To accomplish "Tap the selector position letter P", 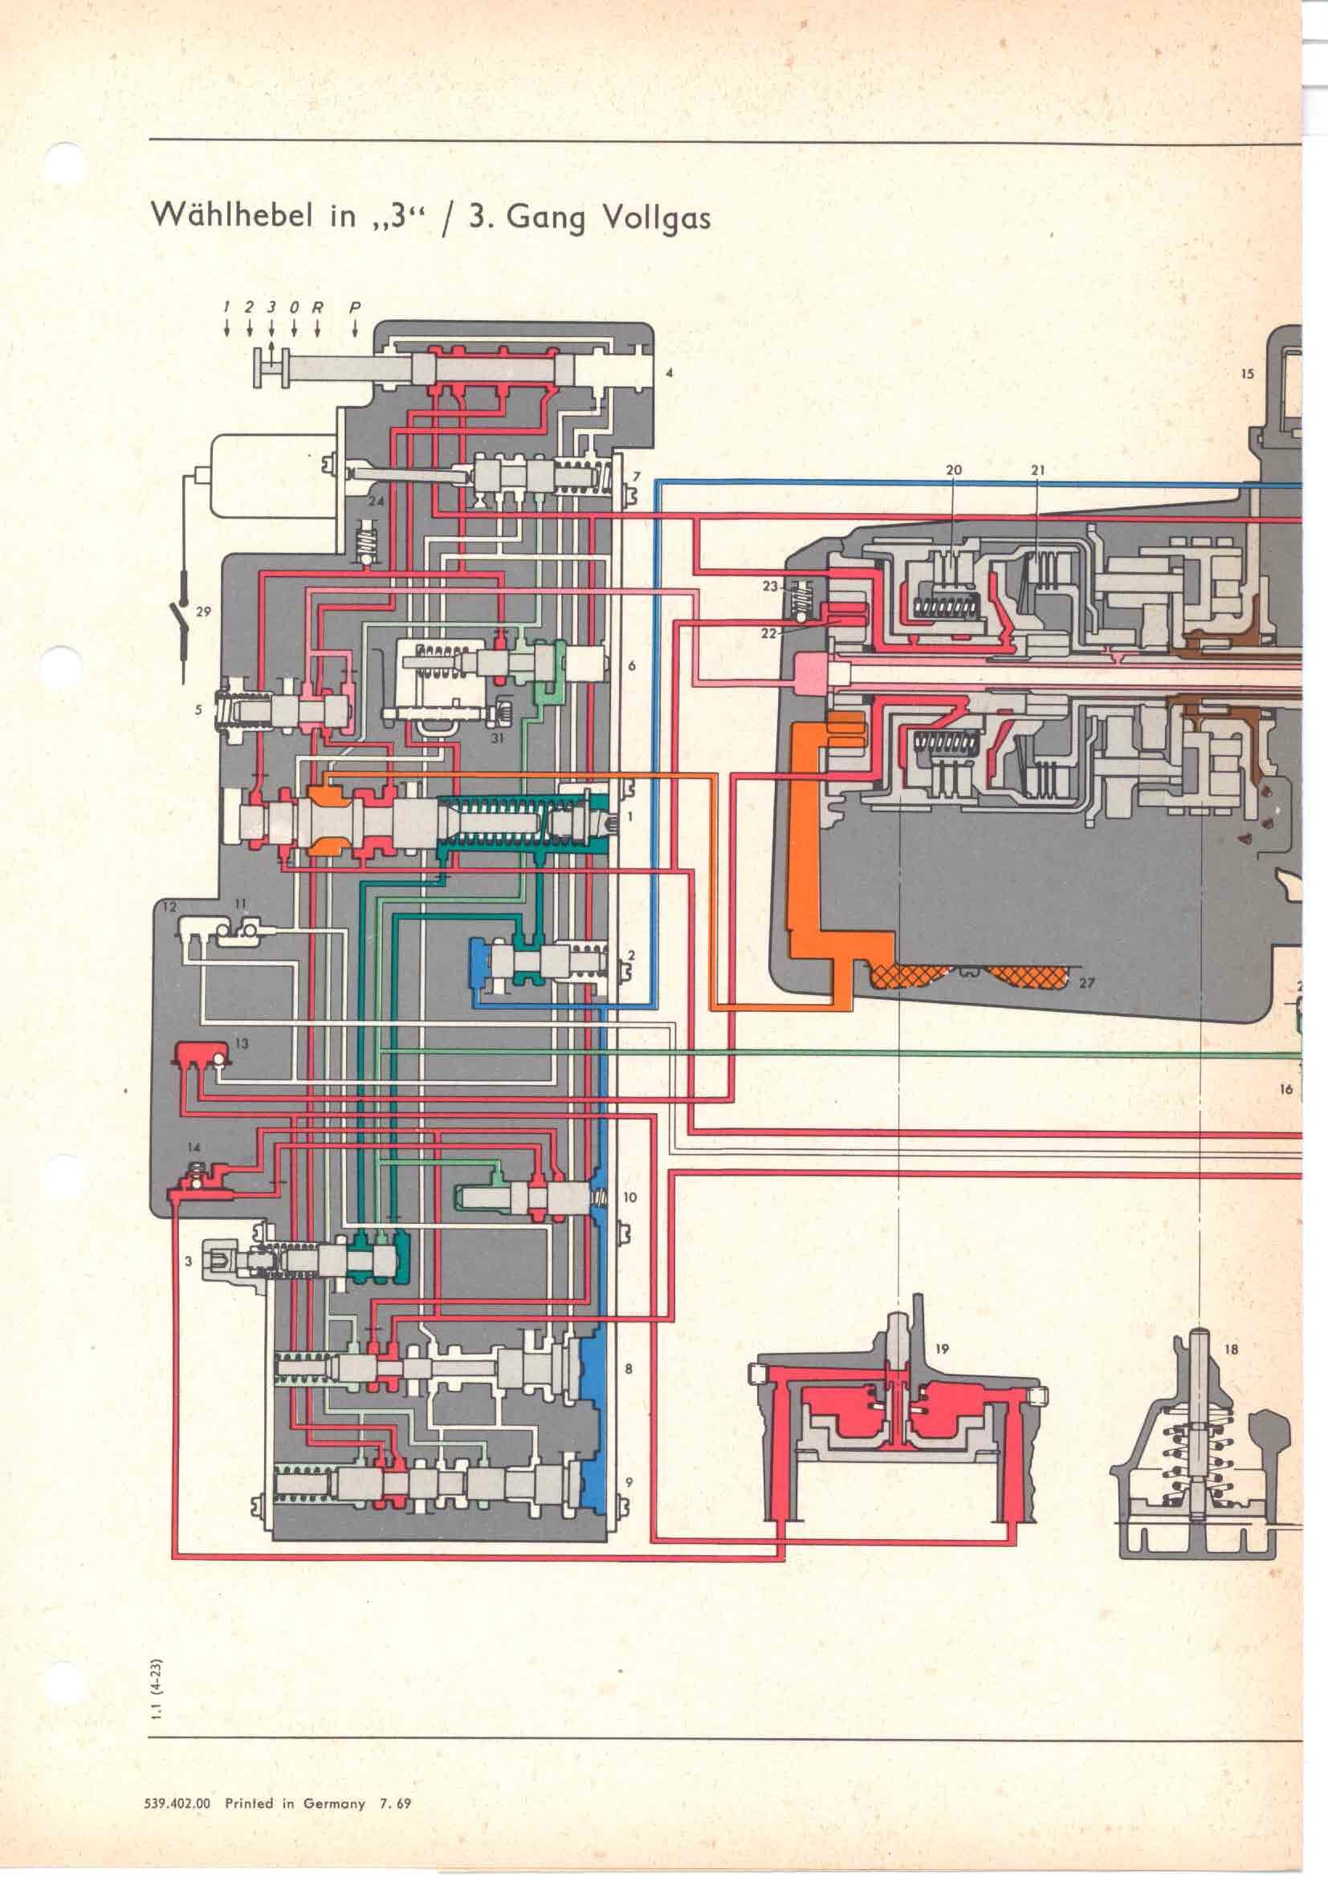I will coord(354,308).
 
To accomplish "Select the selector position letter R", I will coord(317,308).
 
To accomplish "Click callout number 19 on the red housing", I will coord(941,1349).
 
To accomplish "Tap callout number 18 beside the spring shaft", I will coord(1232,1350).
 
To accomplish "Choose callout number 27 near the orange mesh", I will coord(1087,984).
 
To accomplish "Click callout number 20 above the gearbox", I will coord(954,470).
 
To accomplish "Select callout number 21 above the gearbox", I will coord(1038,470).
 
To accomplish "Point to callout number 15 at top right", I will coord(1246,375).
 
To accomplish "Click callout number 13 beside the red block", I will coord(242,1044).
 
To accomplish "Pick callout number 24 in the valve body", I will coord(375,501).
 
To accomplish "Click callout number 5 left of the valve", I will coord(198,710).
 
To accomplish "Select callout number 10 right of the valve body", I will coord(629,1197).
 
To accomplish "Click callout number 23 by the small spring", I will coord(769,585).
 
